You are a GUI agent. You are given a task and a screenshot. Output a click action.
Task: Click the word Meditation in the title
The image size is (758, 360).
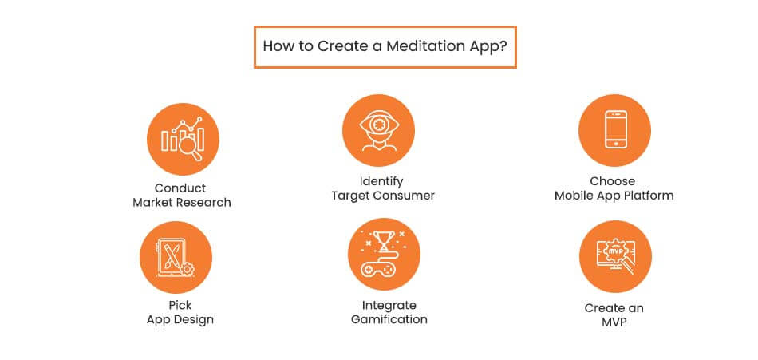[x=428, y=47]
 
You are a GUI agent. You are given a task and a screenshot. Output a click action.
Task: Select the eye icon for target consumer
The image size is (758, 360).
[x=378, y=129]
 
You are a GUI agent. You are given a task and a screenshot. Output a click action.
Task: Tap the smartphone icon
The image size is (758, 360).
[x=614, y=129]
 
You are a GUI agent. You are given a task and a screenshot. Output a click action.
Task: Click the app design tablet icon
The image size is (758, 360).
[x=176, y=258]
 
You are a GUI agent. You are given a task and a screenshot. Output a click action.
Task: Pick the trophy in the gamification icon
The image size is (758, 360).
[x=384, y=240]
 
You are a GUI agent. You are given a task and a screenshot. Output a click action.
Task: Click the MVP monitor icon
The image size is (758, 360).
[x=614, y=256]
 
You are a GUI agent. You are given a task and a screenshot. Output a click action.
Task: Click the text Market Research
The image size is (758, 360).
[x=182, y=203]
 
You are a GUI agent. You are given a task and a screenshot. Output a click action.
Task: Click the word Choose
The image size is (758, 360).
[x=613, y=181]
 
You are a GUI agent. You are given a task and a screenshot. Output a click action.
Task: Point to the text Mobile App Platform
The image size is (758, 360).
[x=614, y=196]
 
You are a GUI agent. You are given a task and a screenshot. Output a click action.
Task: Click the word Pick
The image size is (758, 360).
[x=180, y=306]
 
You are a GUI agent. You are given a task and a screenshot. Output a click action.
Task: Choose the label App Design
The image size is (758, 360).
[x=180, y=320]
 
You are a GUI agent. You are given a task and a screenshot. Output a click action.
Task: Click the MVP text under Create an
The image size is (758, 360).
[x=614, y=322]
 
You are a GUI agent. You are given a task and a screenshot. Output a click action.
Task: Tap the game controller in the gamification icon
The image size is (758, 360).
[x=383, y=270]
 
